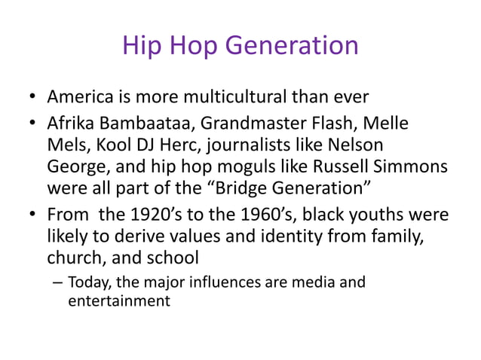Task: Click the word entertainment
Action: (x=118, y=301)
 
